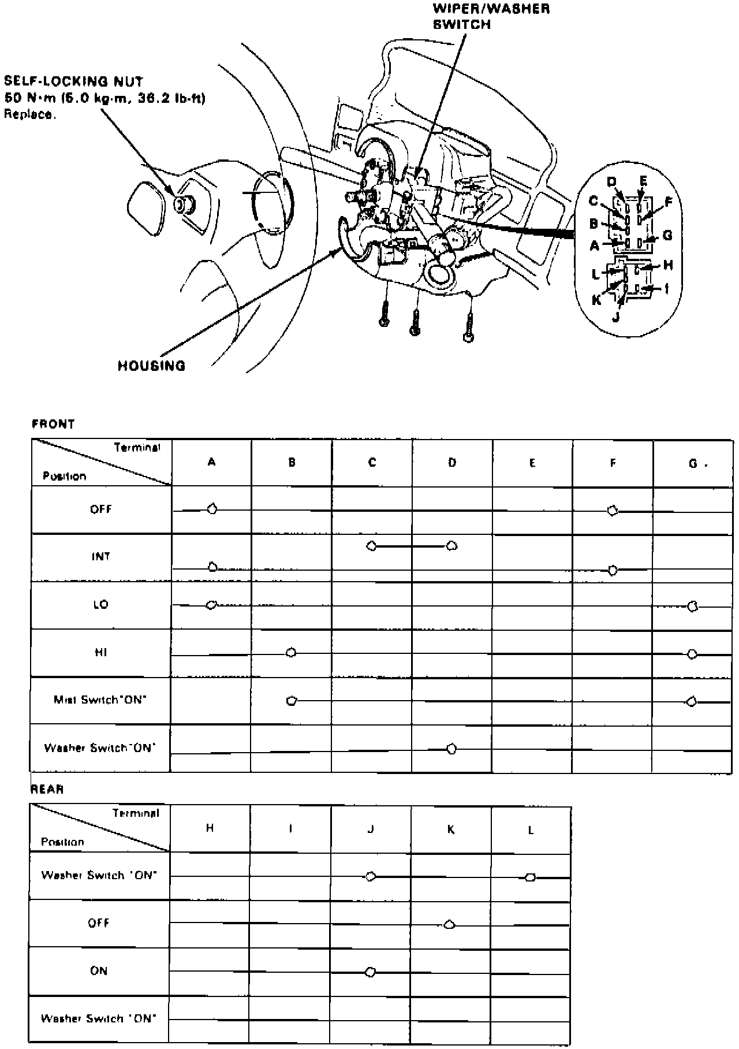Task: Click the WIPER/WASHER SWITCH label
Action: (491, 16)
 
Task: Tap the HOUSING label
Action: (151, 366)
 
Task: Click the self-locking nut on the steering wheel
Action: (185, 204)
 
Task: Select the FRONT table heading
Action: (53, 424)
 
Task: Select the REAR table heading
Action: (47, 789)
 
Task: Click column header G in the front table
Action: (693, 463)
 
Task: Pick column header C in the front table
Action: (372, 463)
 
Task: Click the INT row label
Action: (100, 557)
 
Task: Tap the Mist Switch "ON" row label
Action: (100, 700)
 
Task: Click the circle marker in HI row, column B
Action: (291, 653)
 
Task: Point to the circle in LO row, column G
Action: (693, 606)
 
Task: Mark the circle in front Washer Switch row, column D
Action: (451, 749)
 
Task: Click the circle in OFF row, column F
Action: (613, 511)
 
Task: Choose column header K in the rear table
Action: (450, 829)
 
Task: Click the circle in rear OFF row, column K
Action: (449, 925)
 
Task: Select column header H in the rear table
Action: (210, 828)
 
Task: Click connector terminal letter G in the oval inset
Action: (667, 236)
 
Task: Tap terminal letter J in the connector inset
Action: (616, 317)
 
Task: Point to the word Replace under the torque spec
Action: (30, 114)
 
